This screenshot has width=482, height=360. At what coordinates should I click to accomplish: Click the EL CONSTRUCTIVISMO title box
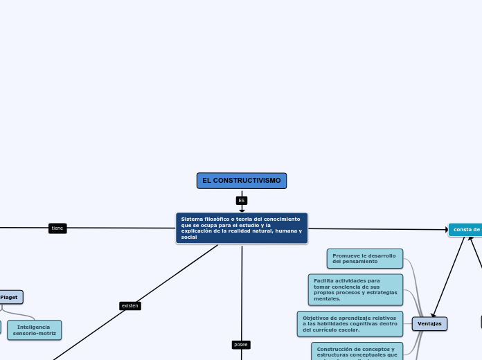(242, 181)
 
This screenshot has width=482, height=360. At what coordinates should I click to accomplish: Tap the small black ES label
(242, 201)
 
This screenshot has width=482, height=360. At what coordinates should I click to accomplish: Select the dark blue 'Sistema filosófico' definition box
(242, 228)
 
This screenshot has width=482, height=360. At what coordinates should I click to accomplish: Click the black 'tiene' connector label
(57, 228)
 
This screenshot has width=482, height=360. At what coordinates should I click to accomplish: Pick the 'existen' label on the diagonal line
(130, 305)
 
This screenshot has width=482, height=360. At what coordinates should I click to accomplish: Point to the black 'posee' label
(241, 344)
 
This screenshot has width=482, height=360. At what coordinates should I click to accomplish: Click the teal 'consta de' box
(466, 229)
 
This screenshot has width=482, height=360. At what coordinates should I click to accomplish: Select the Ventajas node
(429, 323)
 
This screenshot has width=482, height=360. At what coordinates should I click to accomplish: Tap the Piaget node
(10, 297)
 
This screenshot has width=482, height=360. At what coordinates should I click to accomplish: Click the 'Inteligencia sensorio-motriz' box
(34, 330)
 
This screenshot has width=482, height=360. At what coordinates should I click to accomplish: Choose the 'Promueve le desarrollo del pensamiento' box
(364, 258)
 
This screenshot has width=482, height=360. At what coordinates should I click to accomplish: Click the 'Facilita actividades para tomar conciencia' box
(355, 289)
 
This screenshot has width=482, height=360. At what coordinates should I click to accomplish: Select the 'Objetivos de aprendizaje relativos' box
(350, 323)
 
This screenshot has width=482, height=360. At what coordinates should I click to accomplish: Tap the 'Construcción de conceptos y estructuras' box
(357, 351)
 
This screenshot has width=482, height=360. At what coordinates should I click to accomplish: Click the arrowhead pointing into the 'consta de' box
(447, 229)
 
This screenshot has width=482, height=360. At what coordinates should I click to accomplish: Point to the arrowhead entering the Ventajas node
(434, 316)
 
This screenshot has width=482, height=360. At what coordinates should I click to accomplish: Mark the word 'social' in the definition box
(189, 237)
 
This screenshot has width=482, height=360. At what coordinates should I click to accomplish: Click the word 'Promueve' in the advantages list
(346, 255)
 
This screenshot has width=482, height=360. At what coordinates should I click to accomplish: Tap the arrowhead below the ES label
(242, 210)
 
